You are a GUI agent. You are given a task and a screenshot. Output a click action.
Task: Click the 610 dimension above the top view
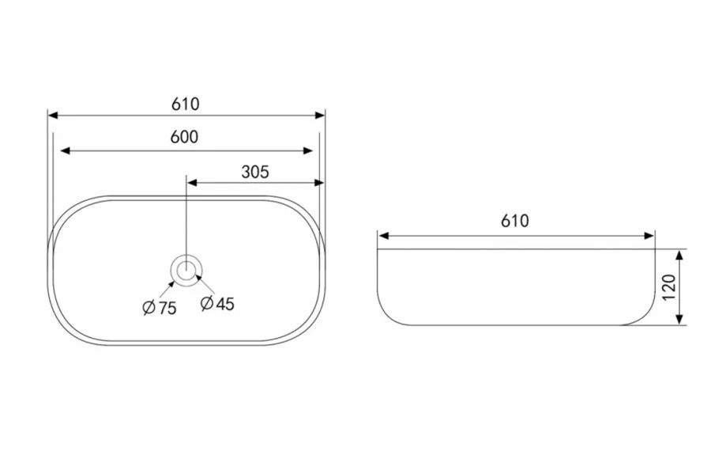(x=186, y=104)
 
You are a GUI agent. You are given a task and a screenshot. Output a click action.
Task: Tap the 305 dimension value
(x=255, y=172)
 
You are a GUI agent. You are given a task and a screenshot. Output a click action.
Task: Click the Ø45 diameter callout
(x=217, y=303)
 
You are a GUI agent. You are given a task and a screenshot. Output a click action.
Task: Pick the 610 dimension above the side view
(x=514, y=222)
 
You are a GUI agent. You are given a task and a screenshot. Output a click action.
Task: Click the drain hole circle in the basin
(x=186, y=270)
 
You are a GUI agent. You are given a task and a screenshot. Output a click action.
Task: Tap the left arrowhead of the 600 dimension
(x=66, y=150)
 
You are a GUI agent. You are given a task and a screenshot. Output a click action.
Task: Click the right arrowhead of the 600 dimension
(x=309, y=150)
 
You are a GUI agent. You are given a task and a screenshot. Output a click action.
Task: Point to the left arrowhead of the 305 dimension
(x=191, y=183)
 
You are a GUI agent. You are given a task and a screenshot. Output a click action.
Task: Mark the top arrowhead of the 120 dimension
(x=680, y=254)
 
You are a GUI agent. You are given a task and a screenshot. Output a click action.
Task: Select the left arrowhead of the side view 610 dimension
(x=383, y=235)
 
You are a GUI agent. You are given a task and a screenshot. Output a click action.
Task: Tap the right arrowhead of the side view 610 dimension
(x=649, y=235)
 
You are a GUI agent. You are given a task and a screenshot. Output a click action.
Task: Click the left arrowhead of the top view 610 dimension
(x=54, y=116)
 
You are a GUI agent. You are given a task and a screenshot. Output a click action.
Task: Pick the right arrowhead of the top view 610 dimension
(x=320, y=116)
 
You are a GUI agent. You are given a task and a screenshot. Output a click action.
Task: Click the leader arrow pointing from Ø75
(x=171, y=283)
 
